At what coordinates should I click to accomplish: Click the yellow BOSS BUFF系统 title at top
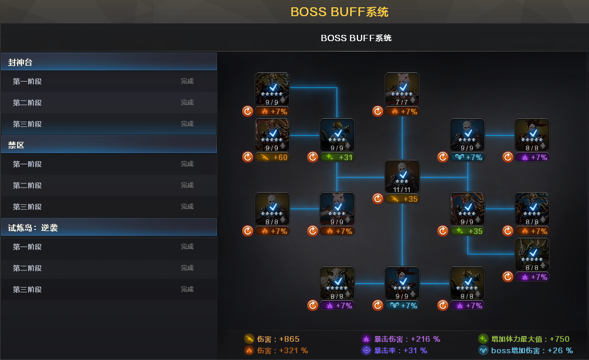pos(339,11)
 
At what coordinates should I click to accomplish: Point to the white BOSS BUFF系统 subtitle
pos(356,38)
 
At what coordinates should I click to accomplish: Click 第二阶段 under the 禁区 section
pos(27,186)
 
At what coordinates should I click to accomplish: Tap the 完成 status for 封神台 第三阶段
pos(187,124)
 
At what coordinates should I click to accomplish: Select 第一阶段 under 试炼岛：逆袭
pos(27,247)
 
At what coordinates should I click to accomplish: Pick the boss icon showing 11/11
pos(402,177)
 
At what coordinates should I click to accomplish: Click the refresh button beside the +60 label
pos(248,157)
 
